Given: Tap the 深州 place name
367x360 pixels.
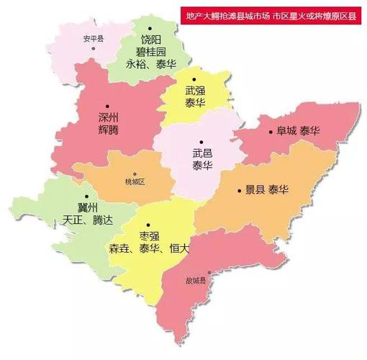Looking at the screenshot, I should (x=109, y=117).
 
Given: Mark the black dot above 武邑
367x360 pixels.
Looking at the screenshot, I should (x=202, y=141).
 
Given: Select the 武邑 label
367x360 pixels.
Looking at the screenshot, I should (x=202, y=153).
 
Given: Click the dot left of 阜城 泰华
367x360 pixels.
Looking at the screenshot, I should (x=269, y=132).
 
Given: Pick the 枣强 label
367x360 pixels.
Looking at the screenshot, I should (x=149, y=235).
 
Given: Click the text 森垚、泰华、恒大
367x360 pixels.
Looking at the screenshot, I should (x=149, y=248).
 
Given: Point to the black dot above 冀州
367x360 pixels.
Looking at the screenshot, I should (x=87, y=195).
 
